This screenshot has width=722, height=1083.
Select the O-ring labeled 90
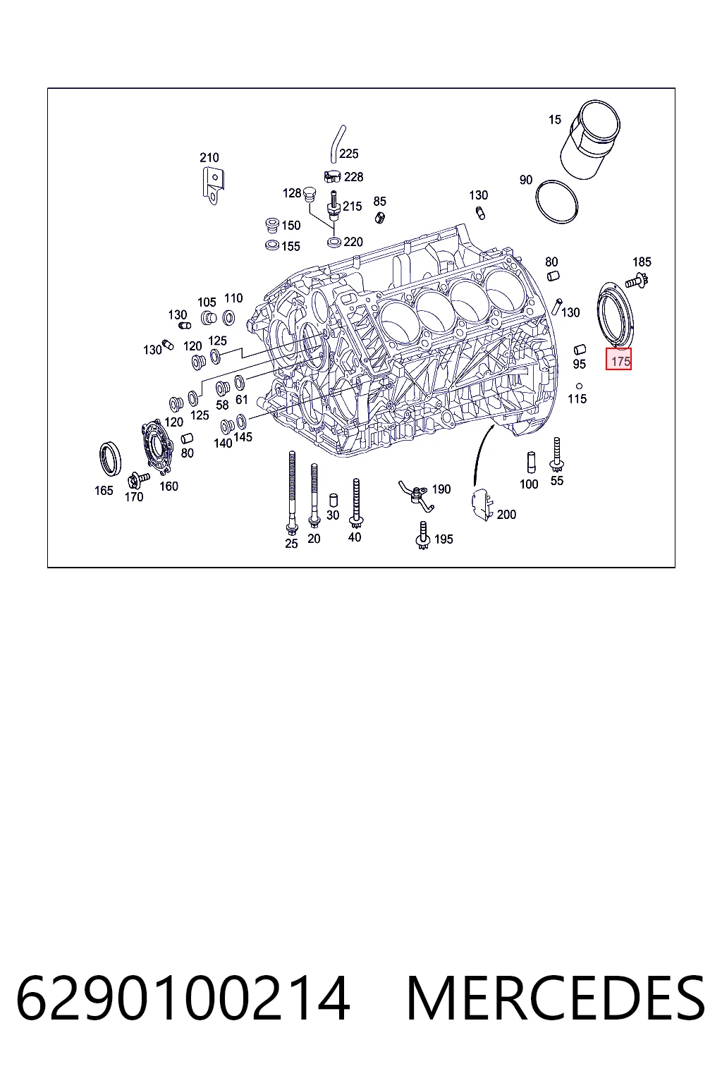point(556,202)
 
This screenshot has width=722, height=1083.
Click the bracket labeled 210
point(213,185)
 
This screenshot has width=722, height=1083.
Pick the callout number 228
point(353,177)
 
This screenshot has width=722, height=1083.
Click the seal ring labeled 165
point(110,458)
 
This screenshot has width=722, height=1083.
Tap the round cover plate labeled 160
point(157,447)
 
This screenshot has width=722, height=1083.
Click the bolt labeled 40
point(356,503)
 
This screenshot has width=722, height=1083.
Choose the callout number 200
point(506,514)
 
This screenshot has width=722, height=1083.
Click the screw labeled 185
point(637,280)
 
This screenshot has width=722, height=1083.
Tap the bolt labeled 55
point(556,455)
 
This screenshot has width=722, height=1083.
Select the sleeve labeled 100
point(531,463)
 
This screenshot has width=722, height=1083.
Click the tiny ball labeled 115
point(579,386)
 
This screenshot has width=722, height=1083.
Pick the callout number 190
point(441,489)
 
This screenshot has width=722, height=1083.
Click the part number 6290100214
point(183,998)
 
